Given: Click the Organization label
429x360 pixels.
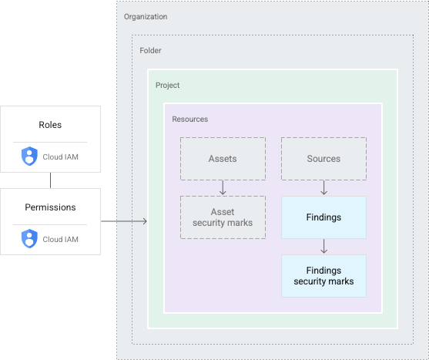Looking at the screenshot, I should coord(146,17).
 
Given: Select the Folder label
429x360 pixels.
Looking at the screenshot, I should coord(150,51).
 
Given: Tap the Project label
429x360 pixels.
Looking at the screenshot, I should coord(167,86).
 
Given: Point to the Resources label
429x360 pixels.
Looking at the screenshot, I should coord(189,119).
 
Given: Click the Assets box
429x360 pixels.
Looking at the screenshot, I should coord(223,159).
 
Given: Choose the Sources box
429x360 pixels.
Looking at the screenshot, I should coord(323,159).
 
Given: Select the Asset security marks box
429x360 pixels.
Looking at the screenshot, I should coord(223,217).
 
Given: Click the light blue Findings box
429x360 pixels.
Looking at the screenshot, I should coord(323,217).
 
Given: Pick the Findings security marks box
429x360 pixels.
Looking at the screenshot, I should coord(323,276).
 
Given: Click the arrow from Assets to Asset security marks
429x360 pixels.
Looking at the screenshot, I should coord(223,187).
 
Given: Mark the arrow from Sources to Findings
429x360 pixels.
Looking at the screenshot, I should coord(323,187).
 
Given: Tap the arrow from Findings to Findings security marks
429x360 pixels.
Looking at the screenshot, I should coord(323,246).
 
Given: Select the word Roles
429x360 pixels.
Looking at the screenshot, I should coord(50,125).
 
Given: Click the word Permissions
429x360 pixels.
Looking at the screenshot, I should coord(50,207).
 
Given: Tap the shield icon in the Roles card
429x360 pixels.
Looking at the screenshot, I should coord(29,157).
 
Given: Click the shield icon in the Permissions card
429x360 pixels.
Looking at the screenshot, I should coord(29,239).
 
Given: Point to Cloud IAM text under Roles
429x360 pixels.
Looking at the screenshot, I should coord(60,157).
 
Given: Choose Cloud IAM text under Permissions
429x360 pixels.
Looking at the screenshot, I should coord(60,239).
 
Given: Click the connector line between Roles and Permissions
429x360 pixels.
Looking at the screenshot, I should coord(50,180).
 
